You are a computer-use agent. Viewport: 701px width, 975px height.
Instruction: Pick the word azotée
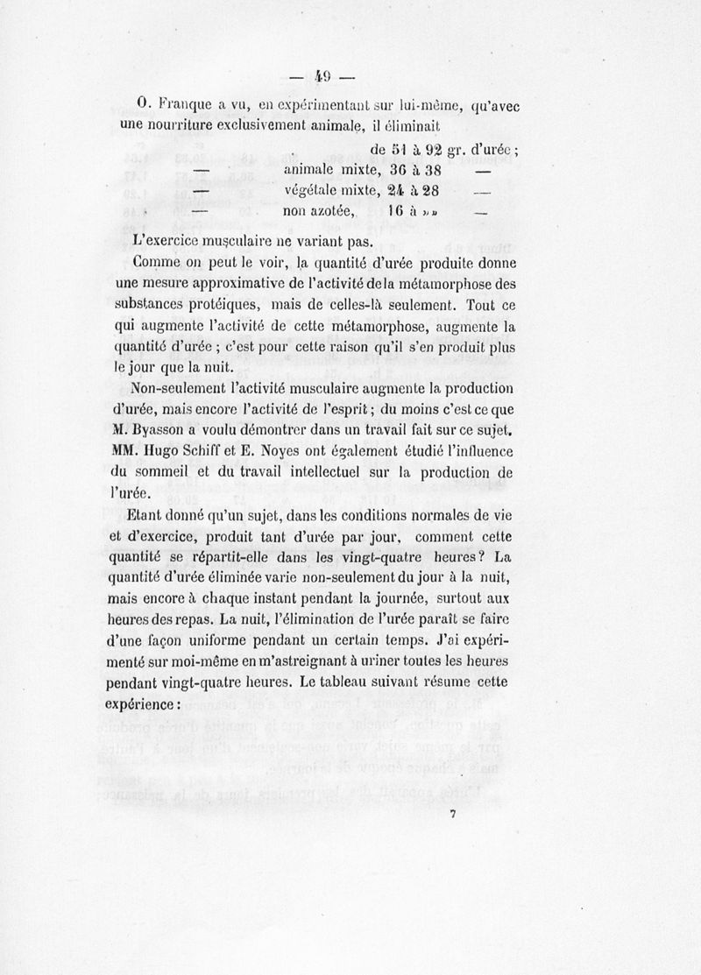tap(329, 211)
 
